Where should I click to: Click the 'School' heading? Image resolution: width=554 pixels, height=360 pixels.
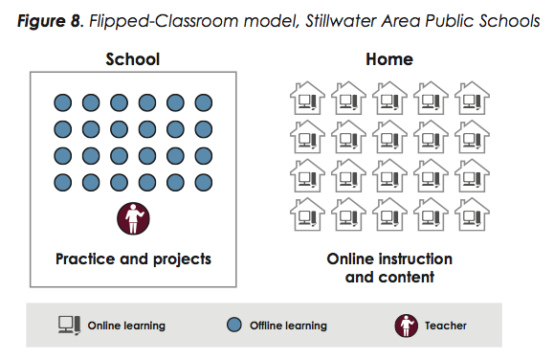132,59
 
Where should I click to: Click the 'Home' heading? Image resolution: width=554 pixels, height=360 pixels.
389,59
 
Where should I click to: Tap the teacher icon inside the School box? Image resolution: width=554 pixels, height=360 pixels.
132,219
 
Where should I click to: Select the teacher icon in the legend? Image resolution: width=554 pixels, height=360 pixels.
407,326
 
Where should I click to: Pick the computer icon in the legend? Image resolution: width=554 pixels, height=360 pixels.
69,326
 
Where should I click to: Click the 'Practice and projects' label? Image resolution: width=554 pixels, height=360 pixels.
133,259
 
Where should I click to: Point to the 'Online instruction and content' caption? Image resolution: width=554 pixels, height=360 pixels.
389,268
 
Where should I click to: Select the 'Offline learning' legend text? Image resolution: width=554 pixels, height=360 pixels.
288,326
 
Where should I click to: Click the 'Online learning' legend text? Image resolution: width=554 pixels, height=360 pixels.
126,326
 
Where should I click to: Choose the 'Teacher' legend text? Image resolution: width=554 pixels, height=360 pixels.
447,326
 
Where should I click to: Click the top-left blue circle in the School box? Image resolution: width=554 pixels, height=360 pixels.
63,101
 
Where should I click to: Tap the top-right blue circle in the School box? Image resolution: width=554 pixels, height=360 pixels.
203,101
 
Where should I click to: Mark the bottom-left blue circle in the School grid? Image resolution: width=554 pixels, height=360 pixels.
63,182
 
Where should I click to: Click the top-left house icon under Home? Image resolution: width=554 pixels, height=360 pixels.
307,99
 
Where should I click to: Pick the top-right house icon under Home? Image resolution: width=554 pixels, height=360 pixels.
472,99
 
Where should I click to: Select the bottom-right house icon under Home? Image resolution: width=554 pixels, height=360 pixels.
472,216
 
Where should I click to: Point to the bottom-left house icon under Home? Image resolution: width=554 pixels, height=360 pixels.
307,216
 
